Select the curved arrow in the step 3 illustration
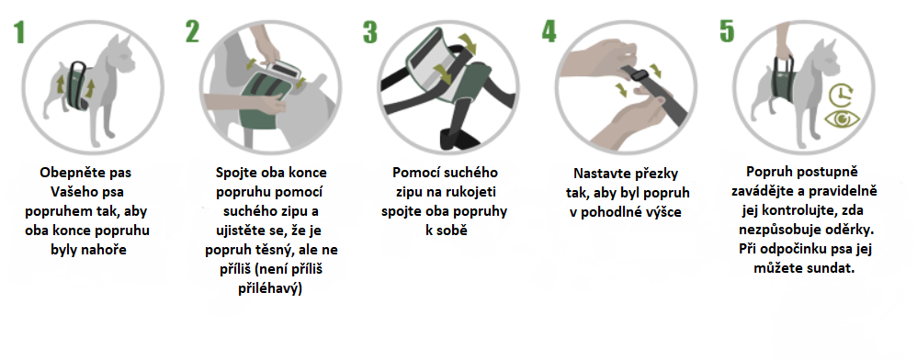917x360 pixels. point(470,42)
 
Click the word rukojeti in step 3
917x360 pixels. point(474,192)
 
